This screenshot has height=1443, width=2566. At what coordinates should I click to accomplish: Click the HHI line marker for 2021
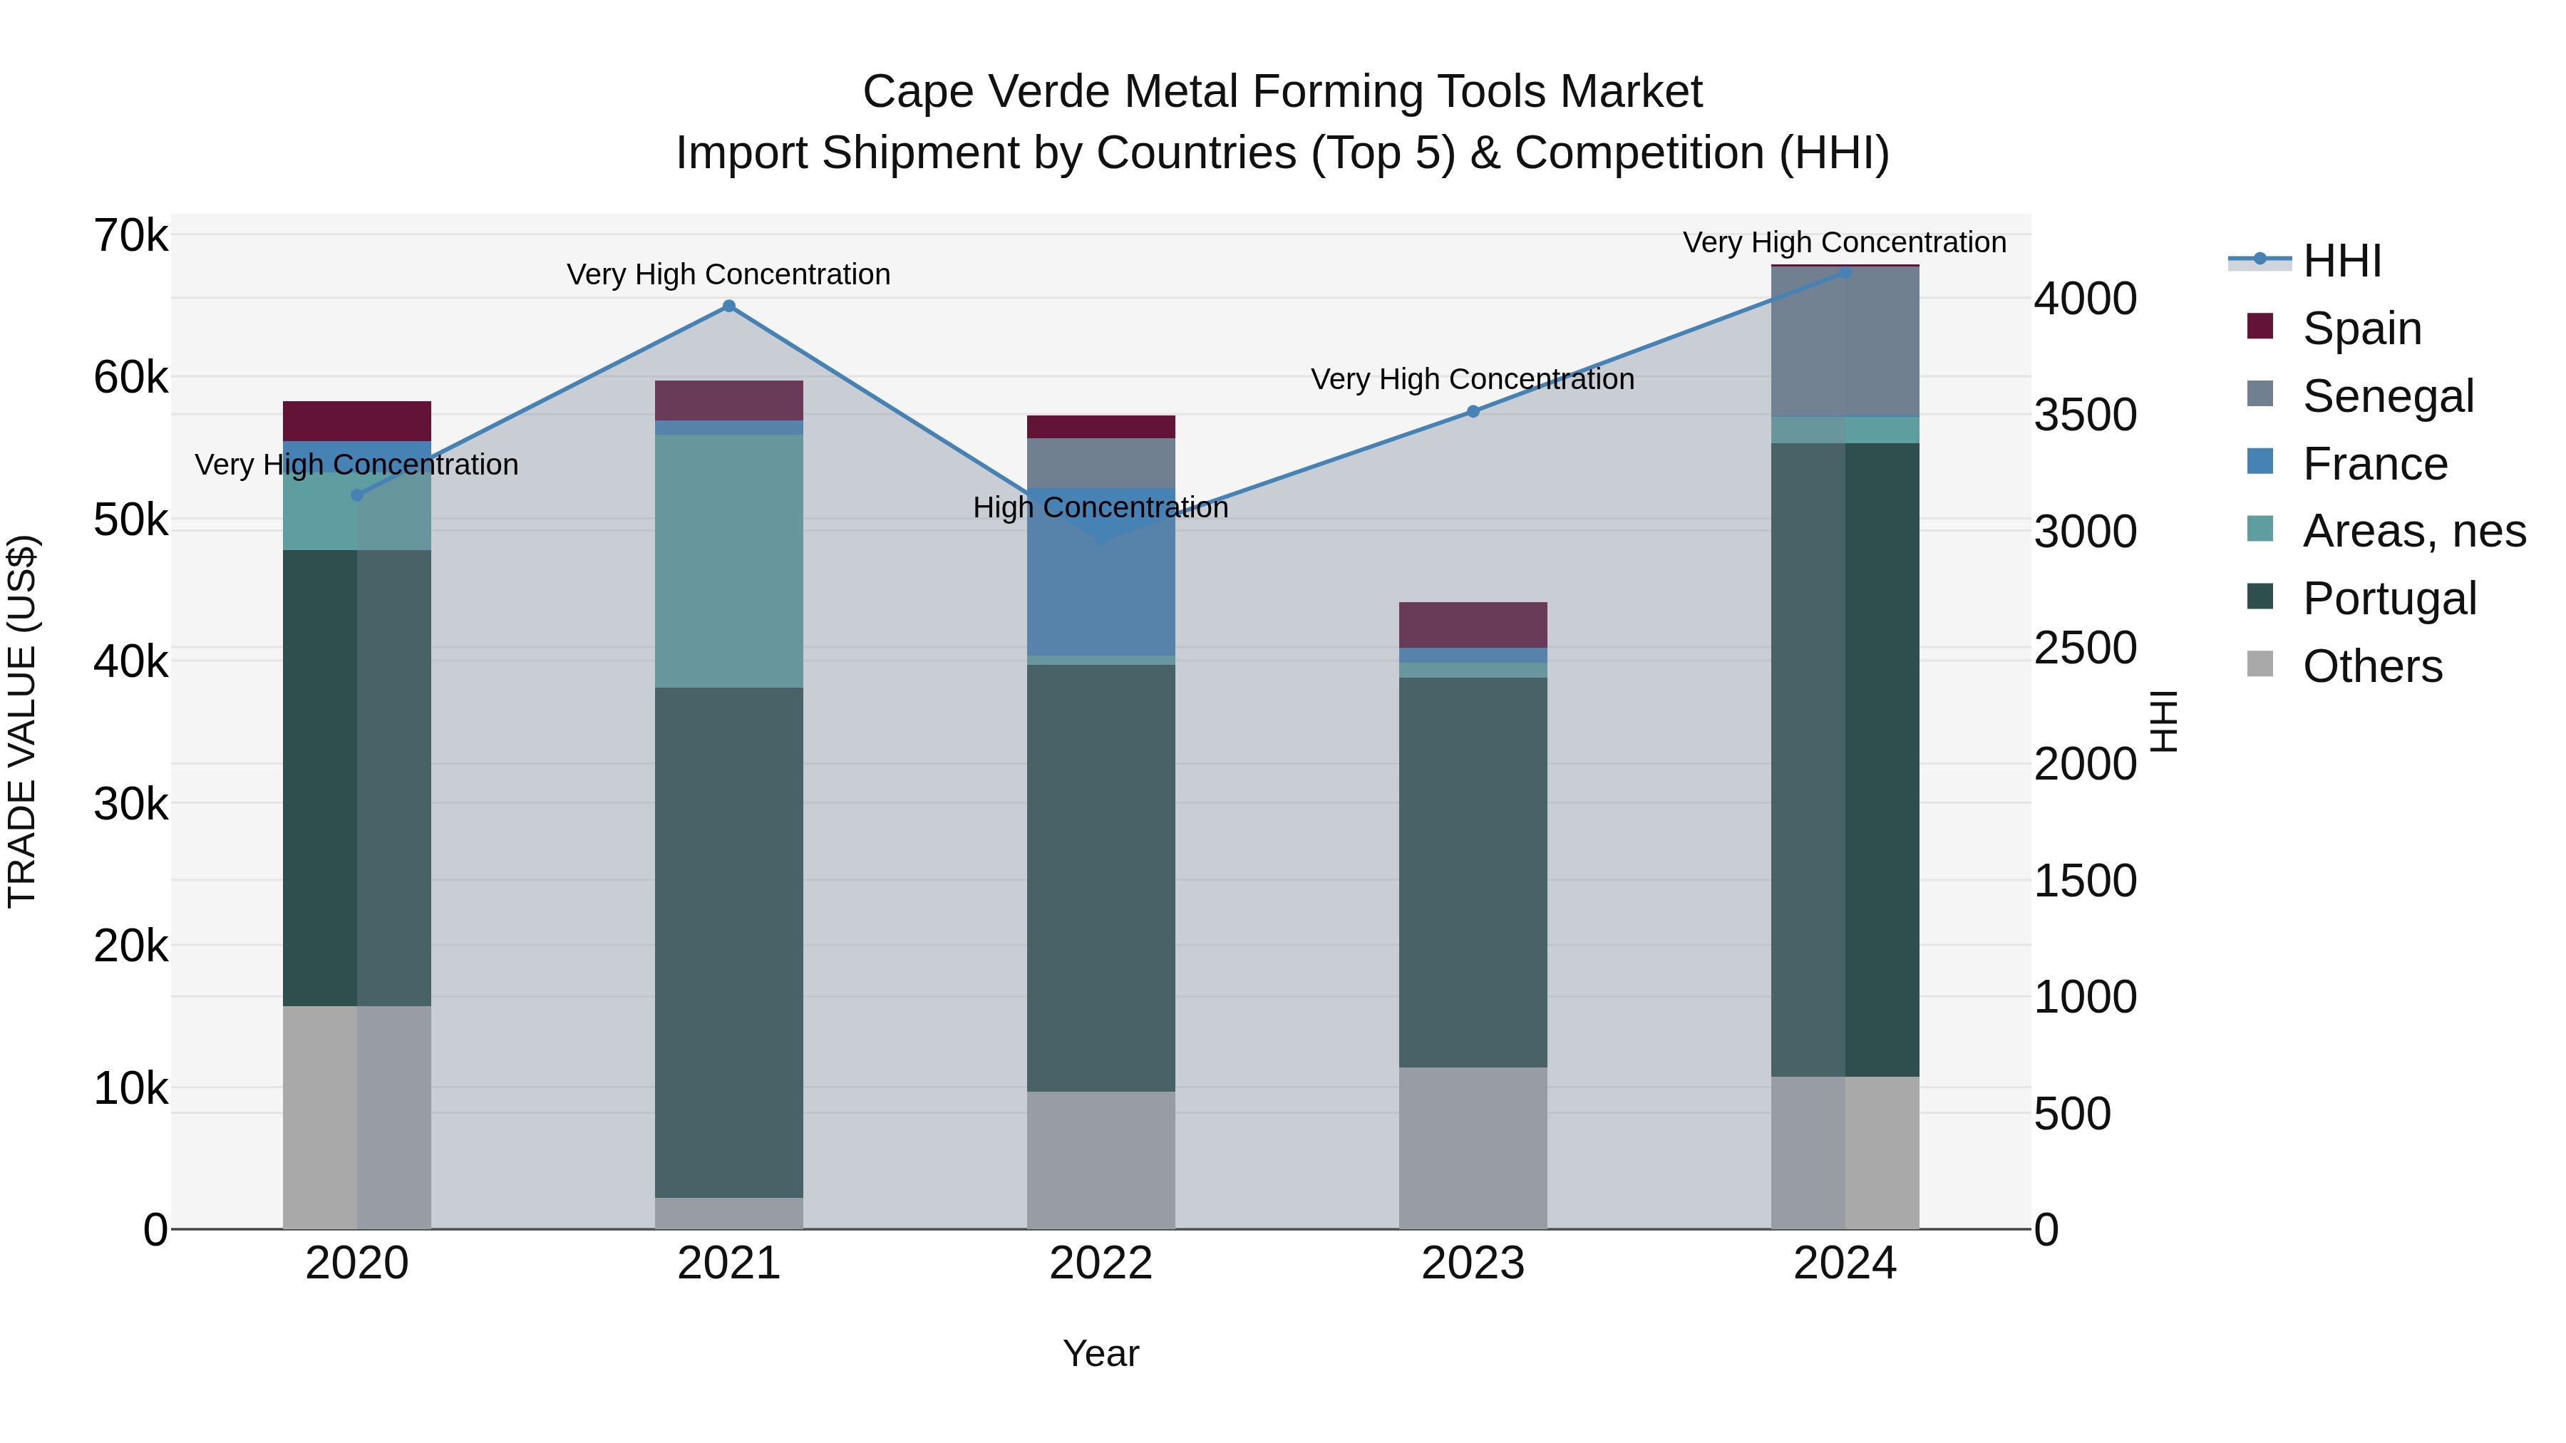coord(729,306)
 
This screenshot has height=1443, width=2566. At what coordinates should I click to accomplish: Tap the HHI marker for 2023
coord(1473,411)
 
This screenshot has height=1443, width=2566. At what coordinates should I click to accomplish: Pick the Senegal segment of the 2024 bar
coord(1845,341)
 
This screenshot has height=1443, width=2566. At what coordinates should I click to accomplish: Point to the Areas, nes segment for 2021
coord(729,561)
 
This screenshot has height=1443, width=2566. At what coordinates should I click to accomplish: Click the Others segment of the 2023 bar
coord(1473,1148)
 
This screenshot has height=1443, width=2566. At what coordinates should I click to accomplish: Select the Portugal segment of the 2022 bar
coord(1101,877)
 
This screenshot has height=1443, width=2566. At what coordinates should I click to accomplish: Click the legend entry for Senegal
coord(2386,396)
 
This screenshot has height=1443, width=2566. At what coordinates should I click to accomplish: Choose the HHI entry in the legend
coord(2341,261)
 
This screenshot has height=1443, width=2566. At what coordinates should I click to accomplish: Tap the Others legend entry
coord(2371,666)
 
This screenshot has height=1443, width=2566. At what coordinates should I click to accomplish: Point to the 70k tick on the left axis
coord(130,237)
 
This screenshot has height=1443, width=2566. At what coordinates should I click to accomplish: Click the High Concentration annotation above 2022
coord(1101,508)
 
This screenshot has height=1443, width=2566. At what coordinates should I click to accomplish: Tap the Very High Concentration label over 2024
coord(1844,243)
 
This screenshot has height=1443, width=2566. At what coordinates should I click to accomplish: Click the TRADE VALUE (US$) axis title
coord(22,721)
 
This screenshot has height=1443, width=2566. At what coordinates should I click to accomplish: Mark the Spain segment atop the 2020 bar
coord(356,421)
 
